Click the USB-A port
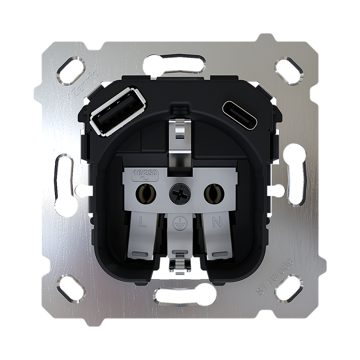pyautogui.click(x=118, y=111)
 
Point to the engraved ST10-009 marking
pyautogui.click(x=274, y=278)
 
